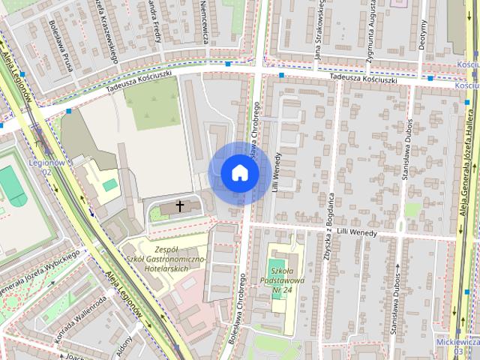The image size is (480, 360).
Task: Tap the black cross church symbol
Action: tap(180, 205)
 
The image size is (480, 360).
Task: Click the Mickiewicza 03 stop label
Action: tap(457, 347)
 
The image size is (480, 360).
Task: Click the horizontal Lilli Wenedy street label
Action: tap(355, 234)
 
